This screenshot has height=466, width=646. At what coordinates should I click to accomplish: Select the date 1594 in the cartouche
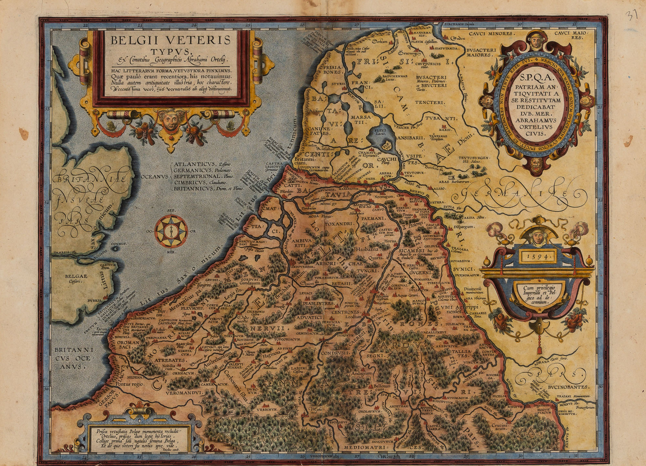(x=537, y=256)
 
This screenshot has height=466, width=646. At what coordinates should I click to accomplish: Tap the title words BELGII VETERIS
(x=171, y=40)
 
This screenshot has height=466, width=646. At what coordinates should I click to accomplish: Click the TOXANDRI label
(x=338, y=224)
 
